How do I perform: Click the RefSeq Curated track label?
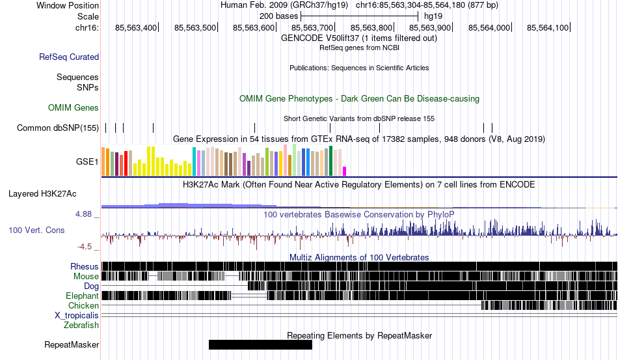(x=69, y=57)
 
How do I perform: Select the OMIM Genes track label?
(x=74, y=107)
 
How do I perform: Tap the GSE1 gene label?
(x=87, y=161)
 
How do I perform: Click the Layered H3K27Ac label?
(x=42, y=193)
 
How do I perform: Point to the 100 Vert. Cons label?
(x=36, y=230)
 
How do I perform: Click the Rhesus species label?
(x=85, y=266)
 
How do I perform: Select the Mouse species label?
(x=86, y=277)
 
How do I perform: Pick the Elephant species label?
(x=82, y=296)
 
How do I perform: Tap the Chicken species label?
(x=83, y=305)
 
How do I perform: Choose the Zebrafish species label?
(x=81, y=325)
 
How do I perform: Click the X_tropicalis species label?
(x=77, y=316)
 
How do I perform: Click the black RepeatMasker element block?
(x=260, y=344)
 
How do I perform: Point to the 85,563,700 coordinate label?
(x=312, y=27)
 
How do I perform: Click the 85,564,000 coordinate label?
(x=489, y=27)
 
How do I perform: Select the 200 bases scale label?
(x=278, y=16)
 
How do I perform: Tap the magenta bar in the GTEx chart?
(x=345, y=171)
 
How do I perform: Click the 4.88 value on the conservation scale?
(x=83, y=214)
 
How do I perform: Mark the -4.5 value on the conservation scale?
(x=85, y=247)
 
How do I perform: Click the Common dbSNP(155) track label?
(x=58, y=128)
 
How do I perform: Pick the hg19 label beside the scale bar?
(x=433, y=16)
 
